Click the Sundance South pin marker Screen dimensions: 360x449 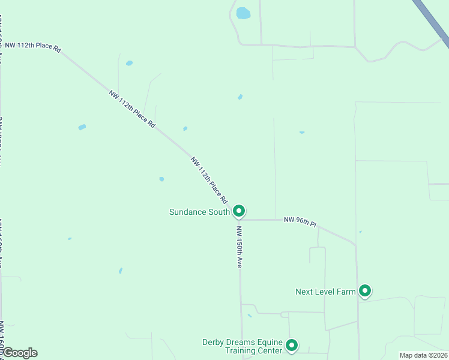point(239,211)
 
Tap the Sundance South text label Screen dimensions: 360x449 point(199,212)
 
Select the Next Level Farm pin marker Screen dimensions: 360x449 point(364,291)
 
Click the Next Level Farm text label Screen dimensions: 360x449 point(325,292)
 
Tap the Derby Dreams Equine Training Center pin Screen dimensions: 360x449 point(292,345)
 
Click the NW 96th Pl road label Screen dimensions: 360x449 point(300,222)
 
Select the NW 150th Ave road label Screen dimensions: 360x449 point(239,246)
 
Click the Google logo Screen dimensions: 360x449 point(19,353)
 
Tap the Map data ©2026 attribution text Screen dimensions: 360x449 point(423,355)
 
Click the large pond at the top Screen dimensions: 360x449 point(243,13)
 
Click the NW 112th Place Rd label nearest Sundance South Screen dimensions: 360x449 point(209,179)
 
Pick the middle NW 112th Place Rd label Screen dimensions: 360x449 point(132,109)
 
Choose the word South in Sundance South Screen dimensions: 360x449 point(219,212)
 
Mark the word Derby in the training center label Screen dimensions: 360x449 point(213,343)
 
